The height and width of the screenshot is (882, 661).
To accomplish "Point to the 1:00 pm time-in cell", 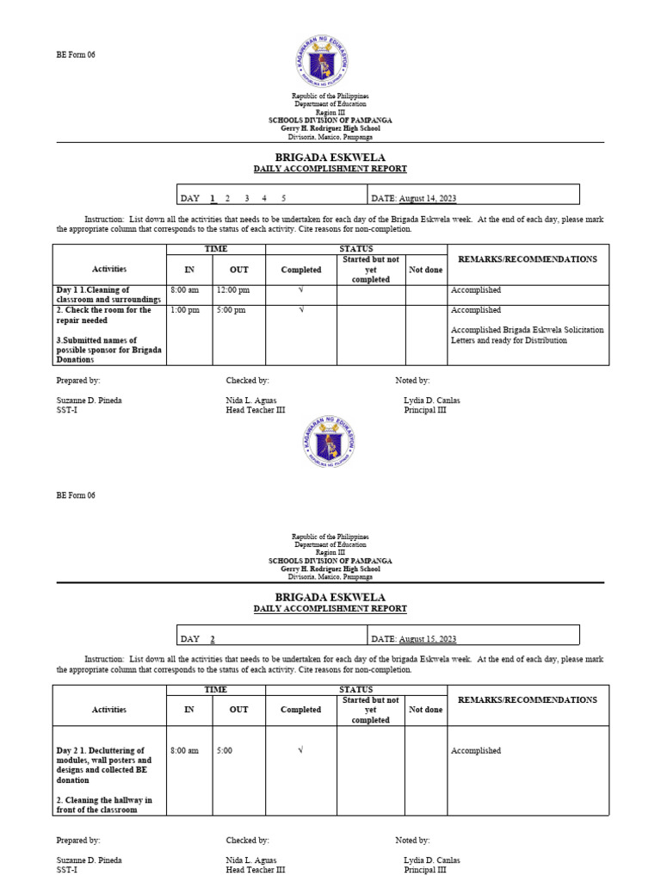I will [x=184, y=310].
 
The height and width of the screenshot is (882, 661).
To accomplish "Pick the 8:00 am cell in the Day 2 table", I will [x=184, y=751].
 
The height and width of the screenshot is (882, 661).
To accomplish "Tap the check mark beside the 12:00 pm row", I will [x=300, y=290].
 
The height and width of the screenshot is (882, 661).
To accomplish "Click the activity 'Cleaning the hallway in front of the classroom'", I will [x=104, y=804].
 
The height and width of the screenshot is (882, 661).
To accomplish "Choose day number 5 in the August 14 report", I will [x=283, y=198].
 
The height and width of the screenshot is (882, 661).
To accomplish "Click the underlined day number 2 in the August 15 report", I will [x=212, y=639].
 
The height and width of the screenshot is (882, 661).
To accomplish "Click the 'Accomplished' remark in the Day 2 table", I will [x=475, y=751].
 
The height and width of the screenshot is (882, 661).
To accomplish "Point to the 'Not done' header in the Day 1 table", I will [x=425, y=270].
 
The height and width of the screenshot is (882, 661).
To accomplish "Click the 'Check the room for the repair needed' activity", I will [x=104, y=314].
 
